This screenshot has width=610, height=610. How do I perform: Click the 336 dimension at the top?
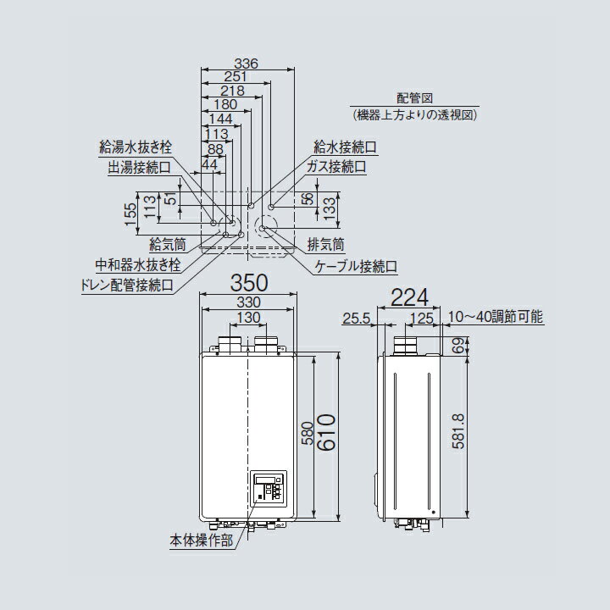pyautogui.click(x=246, y=64)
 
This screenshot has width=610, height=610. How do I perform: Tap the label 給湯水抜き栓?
pyautogui.click(x=135, y=147)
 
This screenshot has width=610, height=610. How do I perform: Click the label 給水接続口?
pyautogui.click(x=346, y=147)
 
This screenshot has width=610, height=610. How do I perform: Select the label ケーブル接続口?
pyautogui.click(x=356, y=267)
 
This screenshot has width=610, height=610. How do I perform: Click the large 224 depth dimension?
pyautogui.click(x=410, y=297)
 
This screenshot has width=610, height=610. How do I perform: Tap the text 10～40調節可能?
pyautogui.click(x=496, y=317)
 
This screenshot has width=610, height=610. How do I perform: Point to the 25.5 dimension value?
pyautogui.click(x=357, y=319)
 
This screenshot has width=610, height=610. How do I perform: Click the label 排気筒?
pyautogui.click(x=326, y=245)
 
